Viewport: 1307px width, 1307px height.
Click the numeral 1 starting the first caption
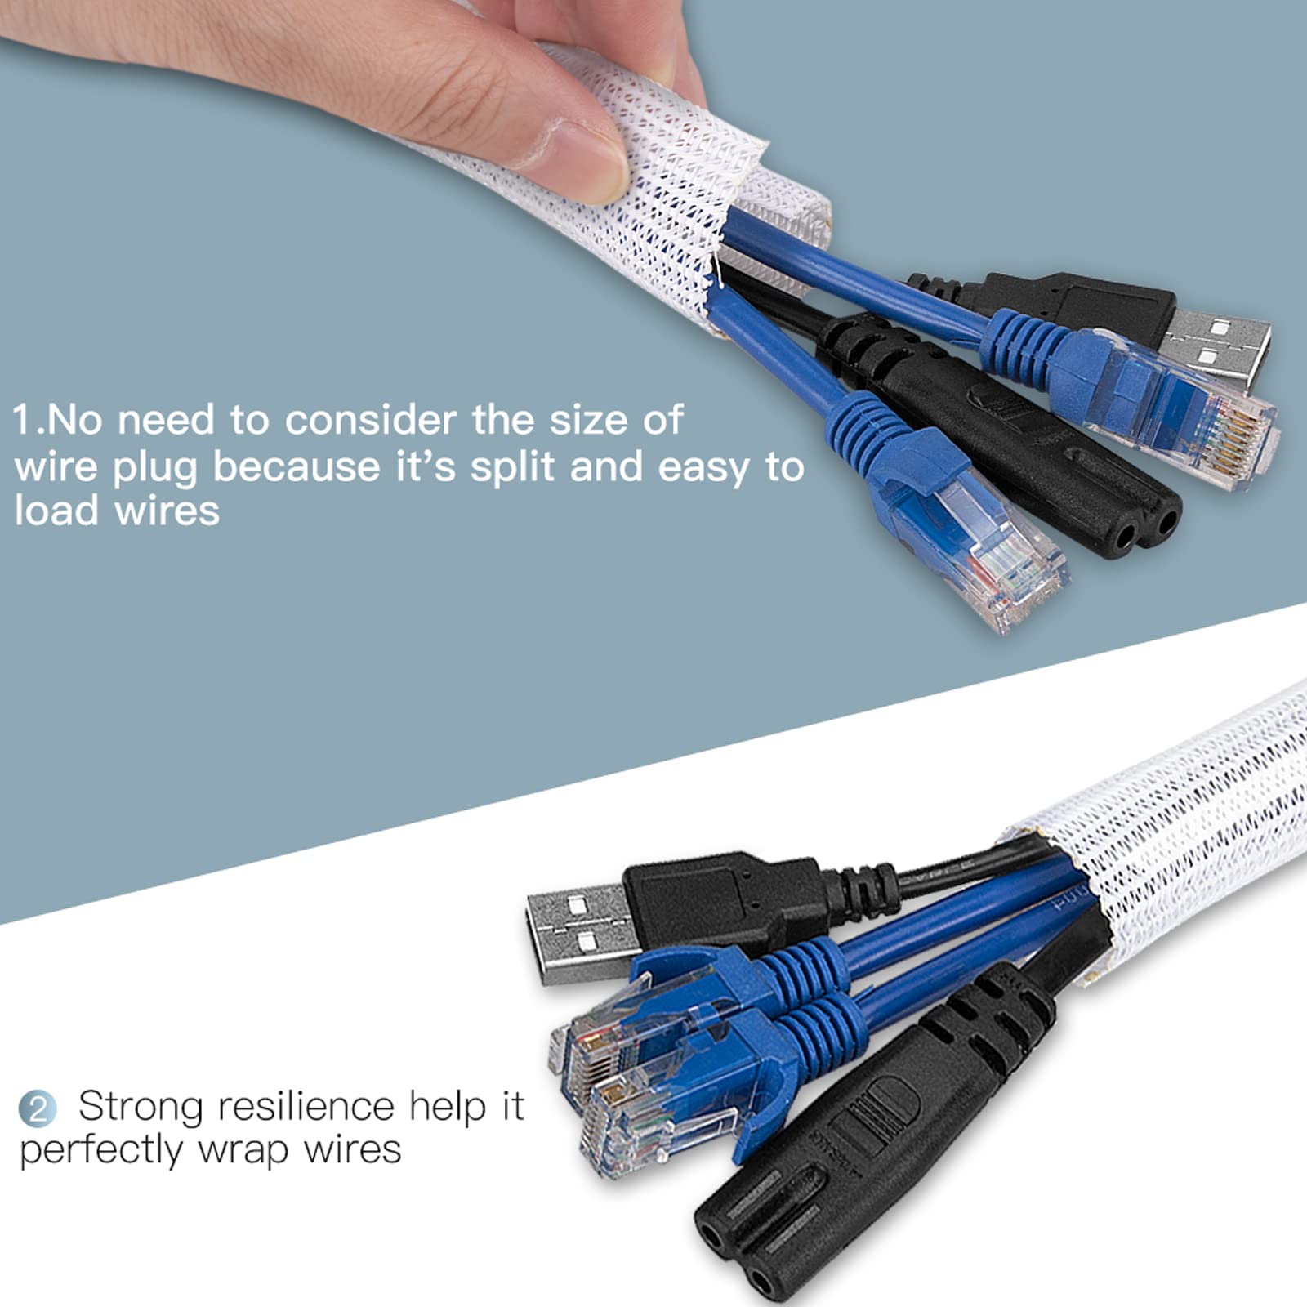click(x=22, y=420)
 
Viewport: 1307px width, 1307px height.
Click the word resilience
click(x=306, y=1107)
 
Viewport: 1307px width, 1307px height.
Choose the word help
click(x=446, y=1107)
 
